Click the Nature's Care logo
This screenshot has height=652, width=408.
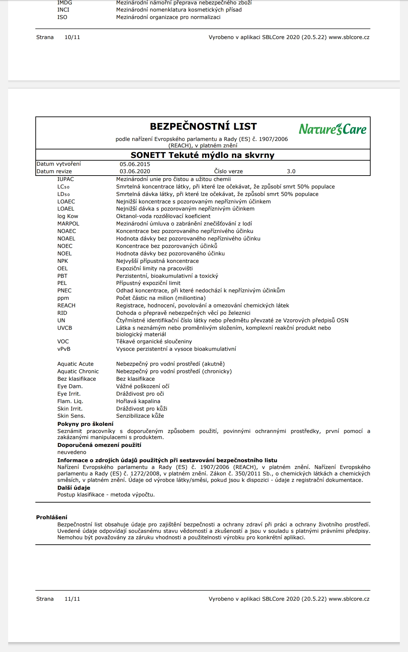coord(333,129)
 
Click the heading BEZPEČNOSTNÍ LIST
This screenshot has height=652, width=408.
coord(203,126)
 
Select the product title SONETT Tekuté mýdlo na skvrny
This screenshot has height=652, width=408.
coord(203,155)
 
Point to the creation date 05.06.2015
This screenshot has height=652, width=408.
coord(135,164)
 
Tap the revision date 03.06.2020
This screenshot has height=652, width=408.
coord(135,171)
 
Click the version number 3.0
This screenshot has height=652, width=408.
coord(291,171)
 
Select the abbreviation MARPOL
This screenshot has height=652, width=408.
coord(68,224)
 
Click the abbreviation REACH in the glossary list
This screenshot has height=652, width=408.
coord(66,306)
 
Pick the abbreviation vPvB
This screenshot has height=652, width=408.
coord(64,349)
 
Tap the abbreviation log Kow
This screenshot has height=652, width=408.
coord(68,216)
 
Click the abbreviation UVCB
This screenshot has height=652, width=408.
coord(65,328)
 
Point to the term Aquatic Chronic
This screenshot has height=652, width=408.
coord(78,372)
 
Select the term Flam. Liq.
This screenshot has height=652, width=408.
coord(70,401)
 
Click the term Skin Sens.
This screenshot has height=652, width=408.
coord(71,416)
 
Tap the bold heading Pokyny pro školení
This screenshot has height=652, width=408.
coord(85,424)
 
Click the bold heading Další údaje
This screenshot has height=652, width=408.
coord(74,488)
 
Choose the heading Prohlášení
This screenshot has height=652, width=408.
coord(52,517)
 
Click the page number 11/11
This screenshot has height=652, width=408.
coord(72,599)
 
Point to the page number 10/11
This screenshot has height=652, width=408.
coord(72,37)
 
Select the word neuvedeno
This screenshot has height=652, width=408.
coord(72,452)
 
